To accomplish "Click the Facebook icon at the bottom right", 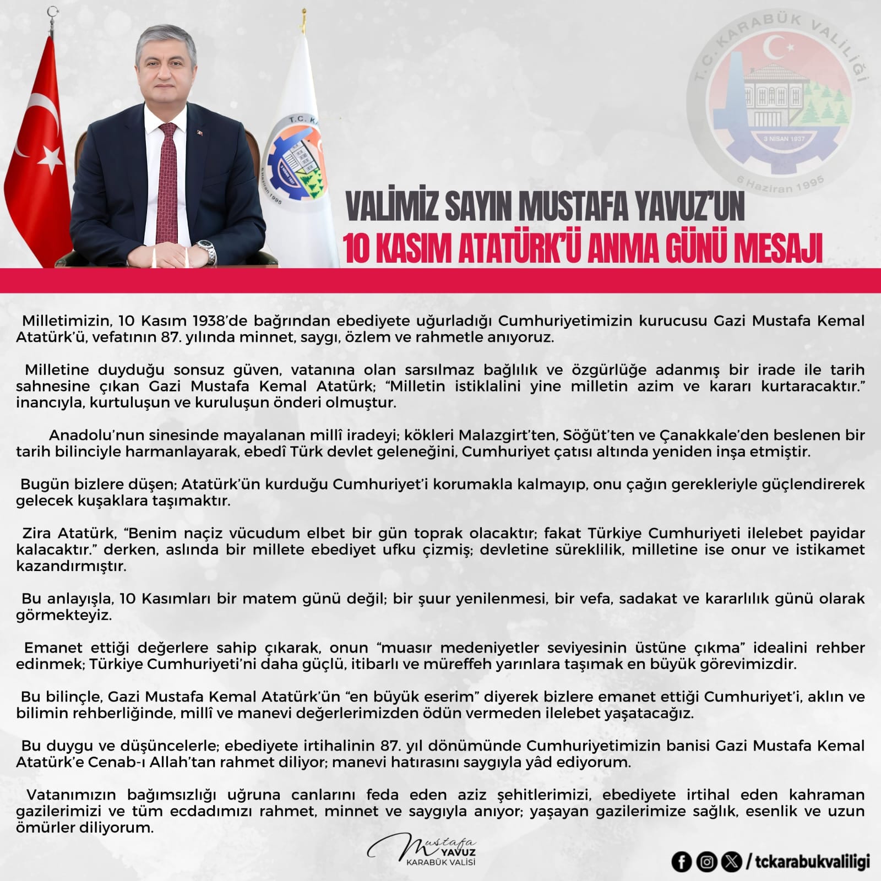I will pyautogui.click(x=681, y=862).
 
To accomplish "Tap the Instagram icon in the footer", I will pyautogui.click(x=706, y=862).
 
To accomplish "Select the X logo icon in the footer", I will pyautogui.click(x=731, y=862).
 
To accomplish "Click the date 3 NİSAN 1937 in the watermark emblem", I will pyautogui.click(x=784, y=139).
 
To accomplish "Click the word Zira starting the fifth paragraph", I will pyautogui.click(x=36, y=534).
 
